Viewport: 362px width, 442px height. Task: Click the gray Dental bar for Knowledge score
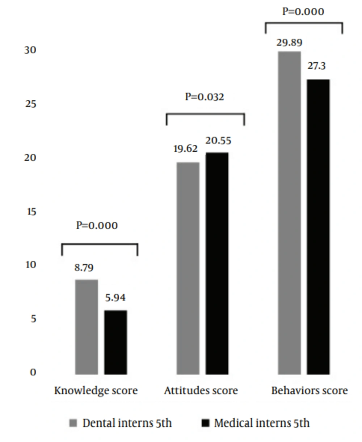pyautogui.click(x=87, y=327)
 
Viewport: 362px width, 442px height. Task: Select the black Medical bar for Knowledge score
pyautogui.click(x=116, y=342)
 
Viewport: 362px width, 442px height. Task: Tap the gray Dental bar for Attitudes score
pyautogui.click(x=188, y=268)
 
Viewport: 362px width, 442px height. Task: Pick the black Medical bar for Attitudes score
pyautogui.click(x=217, y=263)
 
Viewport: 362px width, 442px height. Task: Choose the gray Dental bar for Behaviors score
pyautogui.click(x=289, y=212)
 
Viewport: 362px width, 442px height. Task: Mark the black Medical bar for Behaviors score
pyautogui.click(x=319, y=227)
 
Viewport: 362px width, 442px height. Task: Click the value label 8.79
pyautogui.click(x=84, y=268)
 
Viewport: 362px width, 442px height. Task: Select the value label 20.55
pyautogui.click(x=218, y=140)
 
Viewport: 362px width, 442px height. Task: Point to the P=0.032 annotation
pyautogui.click(x=205, y=97)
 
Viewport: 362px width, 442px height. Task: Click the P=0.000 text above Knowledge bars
pyautogui.click(x=97, y=226)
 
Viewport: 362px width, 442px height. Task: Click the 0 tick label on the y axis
pyautogui.click(x=33, y=372)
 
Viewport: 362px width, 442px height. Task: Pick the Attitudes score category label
pyautogui.click(x=201, y=391)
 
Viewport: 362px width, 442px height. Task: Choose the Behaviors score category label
pyautogui.click(x=309, y=391)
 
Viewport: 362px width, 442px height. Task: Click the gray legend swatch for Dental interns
pyautogui.click(x=73, y=423)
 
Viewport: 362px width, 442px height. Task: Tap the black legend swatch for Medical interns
pyautogui.click(x=205, y=423)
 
